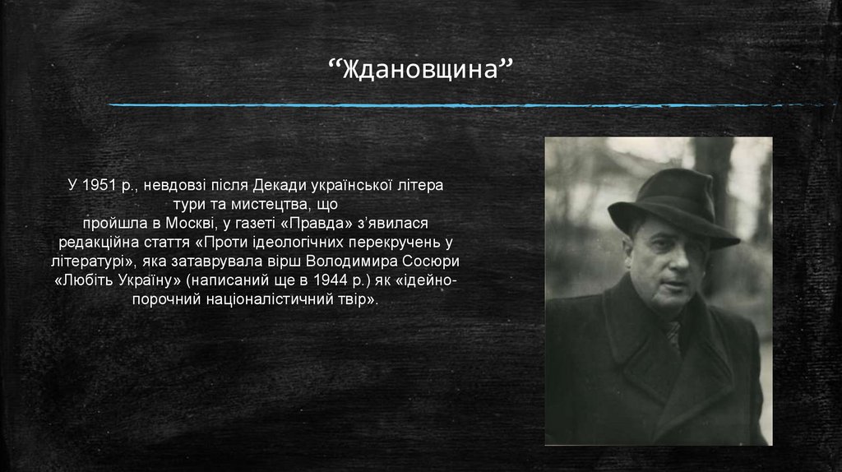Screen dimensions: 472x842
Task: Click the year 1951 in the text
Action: click(97, 185)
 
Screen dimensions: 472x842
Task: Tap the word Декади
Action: click(278, 185)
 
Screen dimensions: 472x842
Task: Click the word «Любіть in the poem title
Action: click(82, 282)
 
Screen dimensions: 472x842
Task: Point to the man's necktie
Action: click(672, 332)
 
